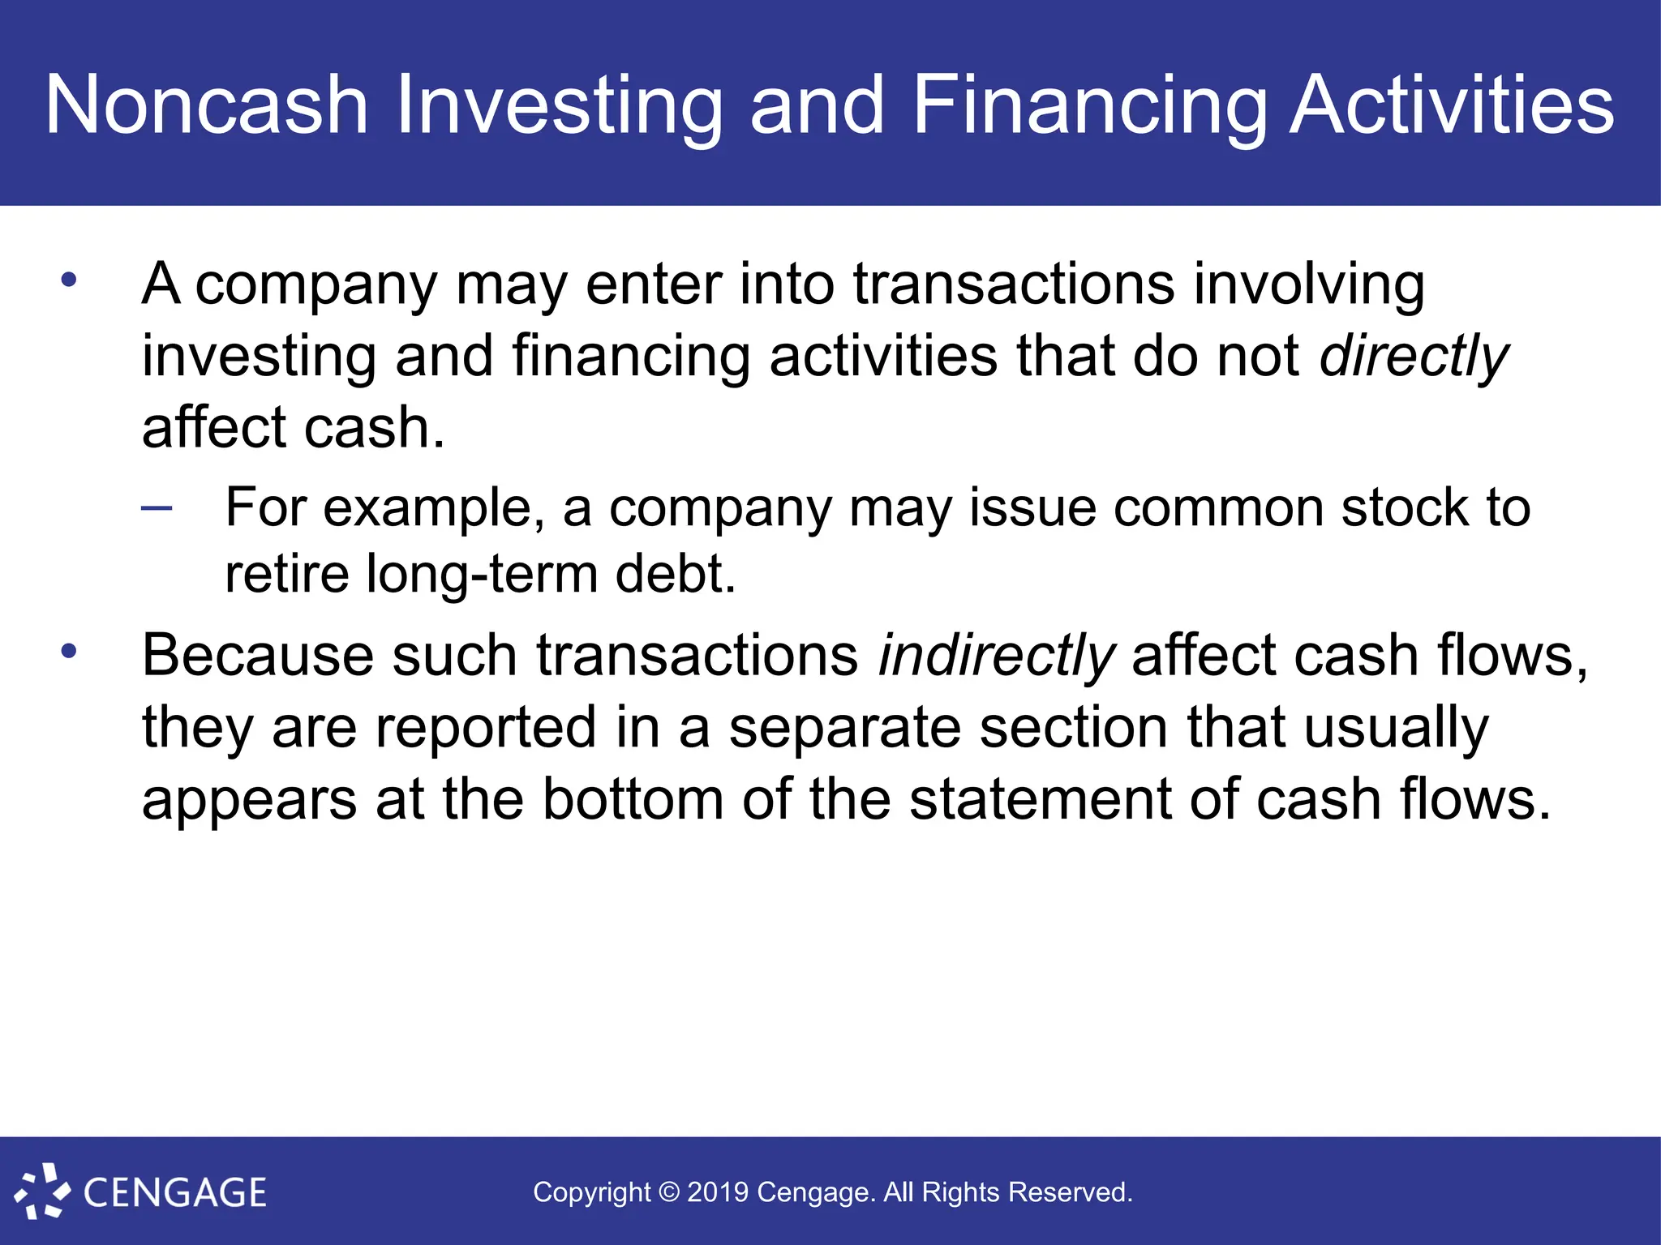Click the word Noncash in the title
[207, 105]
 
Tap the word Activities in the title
[1451, 105]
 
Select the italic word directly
[1414, 357]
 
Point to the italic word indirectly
[997, 656]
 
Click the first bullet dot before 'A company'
[69, 280]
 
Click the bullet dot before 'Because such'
[69, 651]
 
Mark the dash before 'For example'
[157, 509]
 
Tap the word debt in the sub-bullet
[676, 574]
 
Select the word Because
[258, 656]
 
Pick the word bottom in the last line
[633, 800]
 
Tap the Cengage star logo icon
[42, 1192]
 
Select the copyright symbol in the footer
[669, 1192]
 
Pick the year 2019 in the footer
[718, 1192]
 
